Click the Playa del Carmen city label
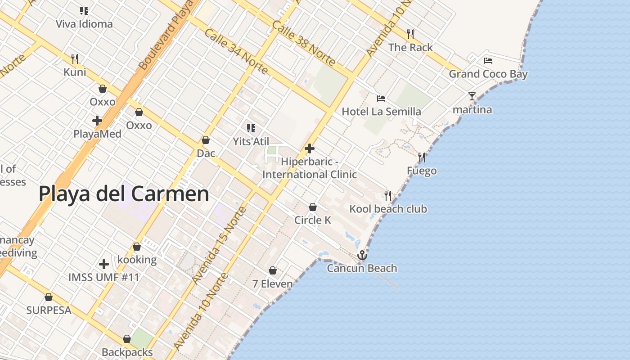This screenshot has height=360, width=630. [124, 194]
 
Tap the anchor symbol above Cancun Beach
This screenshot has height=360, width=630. [362, 256]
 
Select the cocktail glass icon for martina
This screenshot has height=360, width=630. [472, 96]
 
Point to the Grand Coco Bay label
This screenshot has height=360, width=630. [488, 74]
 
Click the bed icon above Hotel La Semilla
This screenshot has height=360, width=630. [381, 99]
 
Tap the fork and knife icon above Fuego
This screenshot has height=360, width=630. [422, 157]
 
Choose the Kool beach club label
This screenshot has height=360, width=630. [388, 209]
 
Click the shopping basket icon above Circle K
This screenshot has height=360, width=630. [313, 207]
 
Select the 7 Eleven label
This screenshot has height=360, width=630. [273, 284]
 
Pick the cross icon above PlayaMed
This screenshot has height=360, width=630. [97, 121]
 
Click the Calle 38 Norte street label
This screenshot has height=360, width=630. [303, 43]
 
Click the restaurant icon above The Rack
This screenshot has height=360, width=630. [410, 34]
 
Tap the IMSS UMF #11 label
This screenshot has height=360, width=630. [104, 277]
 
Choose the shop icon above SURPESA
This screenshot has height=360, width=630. [49, 297]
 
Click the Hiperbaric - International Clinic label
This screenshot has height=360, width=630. [310, 168]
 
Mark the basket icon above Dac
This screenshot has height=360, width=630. [206, 140]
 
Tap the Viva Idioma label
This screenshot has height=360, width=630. [84, 24]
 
